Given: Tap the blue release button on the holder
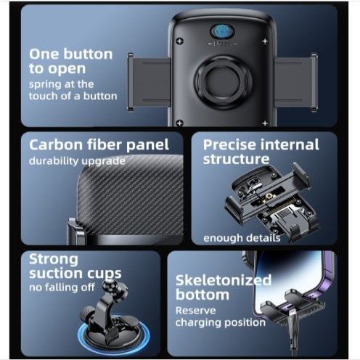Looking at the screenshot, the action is (222, 32).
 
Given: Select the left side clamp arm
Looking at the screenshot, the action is (149, 82).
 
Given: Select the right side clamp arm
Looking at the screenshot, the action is (296, 82).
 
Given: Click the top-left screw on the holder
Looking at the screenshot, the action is (179, 41).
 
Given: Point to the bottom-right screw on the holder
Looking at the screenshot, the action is (265, 123).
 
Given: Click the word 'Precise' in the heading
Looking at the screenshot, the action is (229, 145).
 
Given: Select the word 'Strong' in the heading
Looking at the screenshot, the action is (54, 260).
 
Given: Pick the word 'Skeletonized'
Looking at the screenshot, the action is (224, 281).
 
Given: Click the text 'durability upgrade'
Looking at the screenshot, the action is (77, 161).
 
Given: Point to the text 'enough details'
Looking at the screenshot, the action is (242, 238).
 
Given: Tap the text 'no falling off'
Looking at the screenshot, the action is (62, 287).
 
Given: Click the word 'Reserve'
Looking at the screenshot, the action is (195, 311).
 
